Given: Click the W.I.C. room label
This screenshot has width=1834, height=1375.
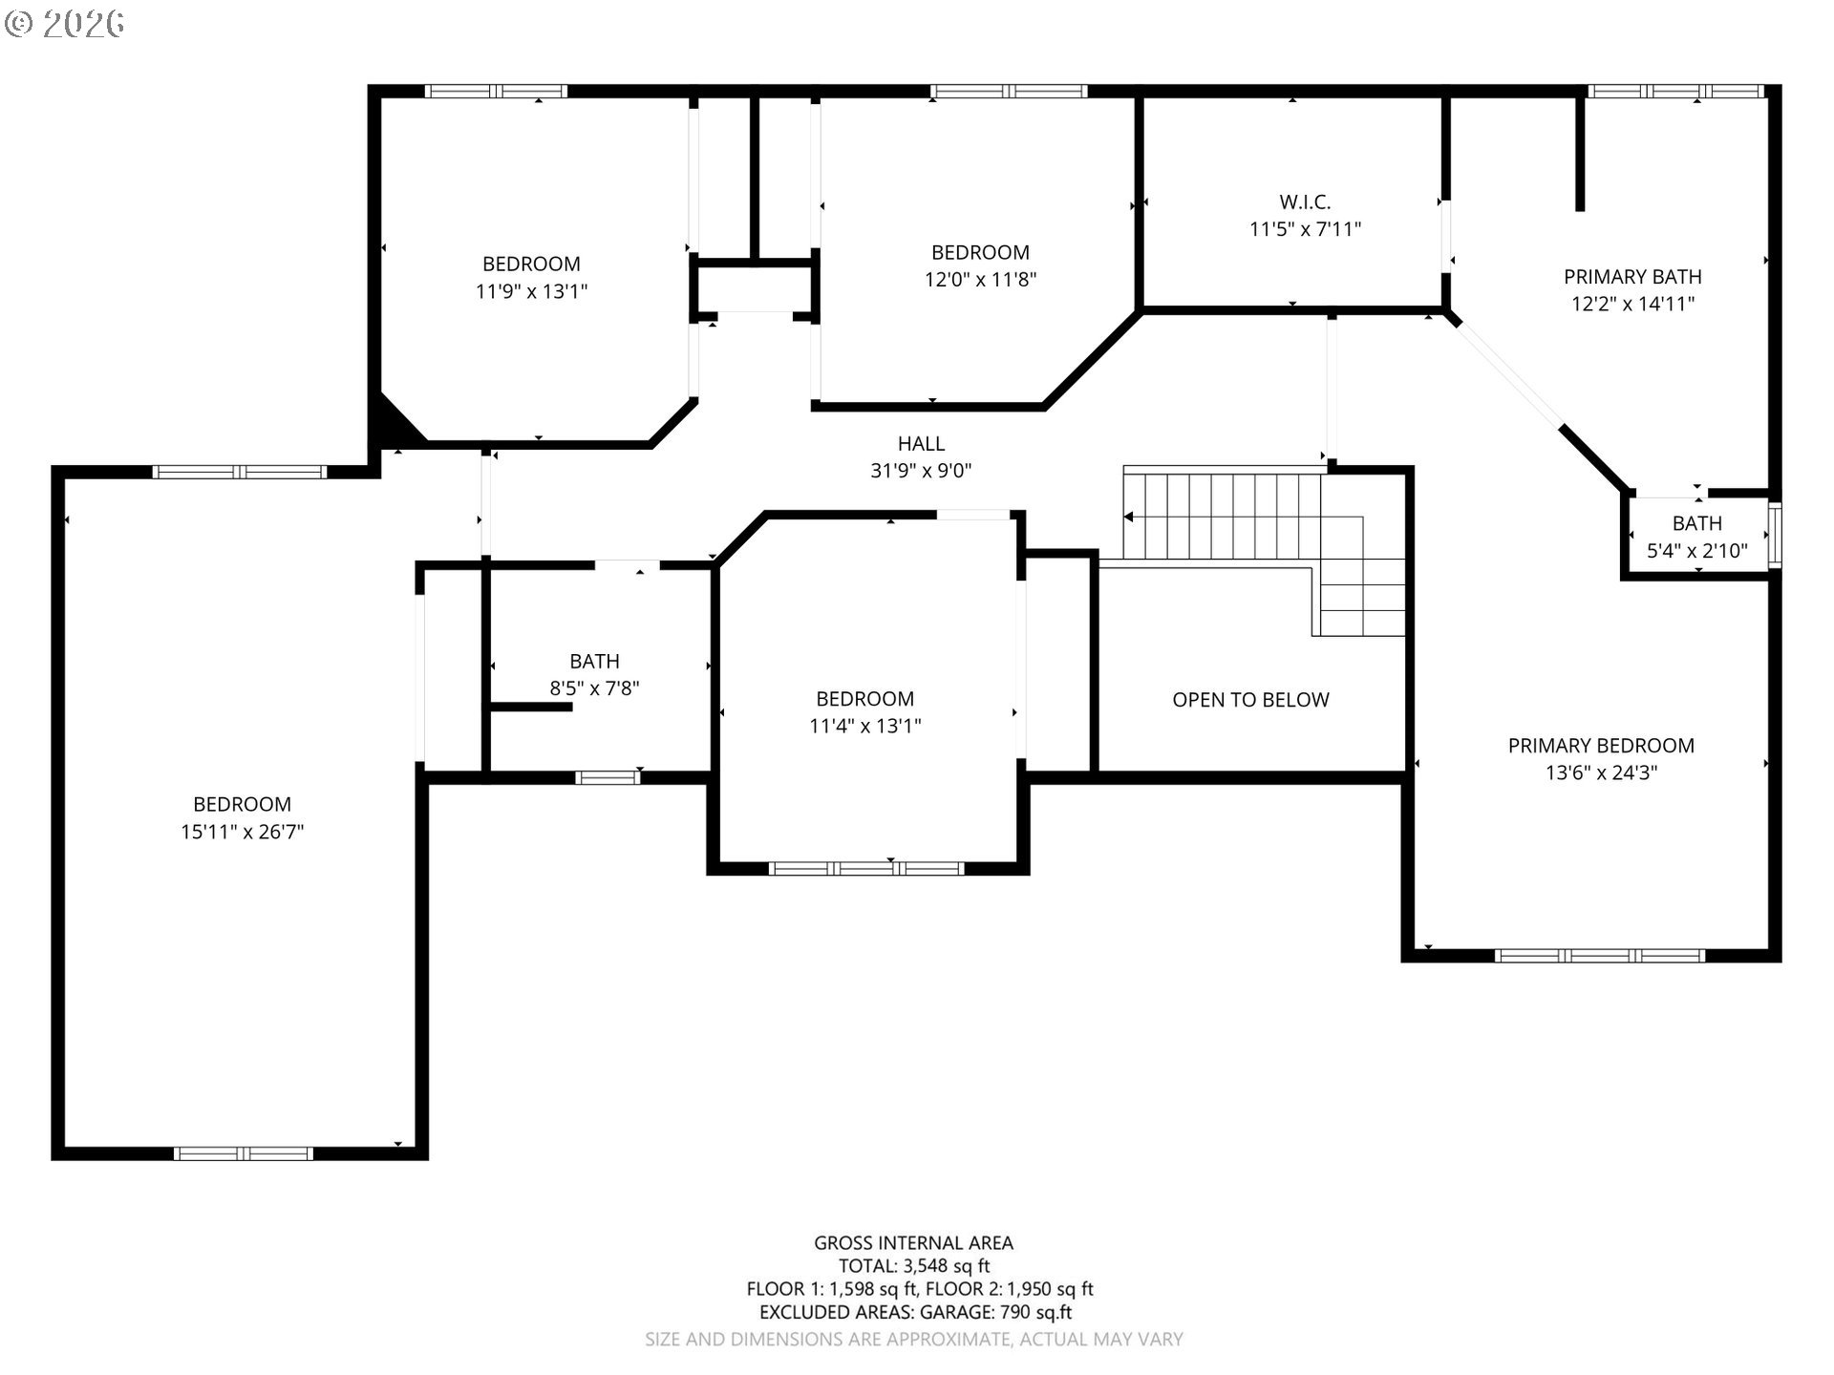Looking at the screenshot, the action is click(1305, 202).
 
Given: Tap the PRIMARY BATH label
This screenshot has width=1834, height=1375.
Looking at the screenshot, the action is click(1632, 277).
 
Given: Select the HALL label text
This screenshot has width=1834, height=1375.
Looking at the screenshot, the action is click(921, 443).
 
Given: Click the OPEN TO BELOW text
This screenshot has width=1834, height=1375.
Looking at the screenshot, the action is click(1250, 700).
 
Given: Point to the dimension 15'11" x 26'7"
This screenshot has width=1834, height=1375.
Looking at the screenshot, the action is click(243, 832).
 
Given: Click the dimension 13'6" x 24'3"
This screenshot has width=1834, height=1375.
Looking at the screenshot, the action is click(1601, 772).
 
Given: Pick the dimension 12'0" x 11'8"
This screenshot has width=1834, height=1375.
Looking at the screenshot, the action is click(980, 280).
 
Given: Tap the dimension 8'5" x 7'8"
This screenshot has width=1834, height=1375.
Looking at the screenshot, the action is click(594, 688).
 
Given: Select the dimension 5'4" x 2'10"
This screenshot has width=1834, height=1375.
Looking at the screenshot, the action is click(1697, 551).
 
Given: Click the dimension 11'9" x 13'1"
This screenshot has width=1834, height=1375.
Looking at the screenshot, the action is click(531, 291).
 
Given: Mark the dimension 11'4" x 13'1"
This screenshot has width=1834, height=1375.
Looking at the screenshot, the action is click(864, 726).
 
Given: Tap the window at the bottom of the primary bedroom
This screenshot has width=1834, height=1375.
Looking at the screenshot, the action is click(1600, 955).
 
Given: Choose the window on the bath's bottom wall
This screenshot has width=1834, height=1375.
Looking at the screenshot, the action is click(608, 777).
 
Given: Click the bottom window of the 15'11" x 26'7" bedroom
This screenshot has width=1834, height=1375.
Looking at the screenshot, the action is click(243, 1153).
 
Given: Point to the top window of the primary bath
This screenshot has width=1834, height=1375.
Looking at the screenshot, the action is click(1675, 92).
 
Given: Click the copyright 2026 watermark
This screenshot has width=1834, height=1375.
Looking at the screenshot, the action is click(65, 24).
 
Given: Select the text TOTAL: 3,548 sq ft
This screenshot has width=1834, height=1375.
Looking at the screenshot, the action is click(914, 1266).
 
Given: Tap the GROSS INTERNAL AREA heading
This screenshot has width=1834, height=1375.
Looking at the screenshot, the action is click(913, 1243).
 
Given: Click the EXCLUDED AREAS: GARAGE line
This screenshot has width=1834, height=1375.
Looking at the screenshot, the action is click(915, 1313).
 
